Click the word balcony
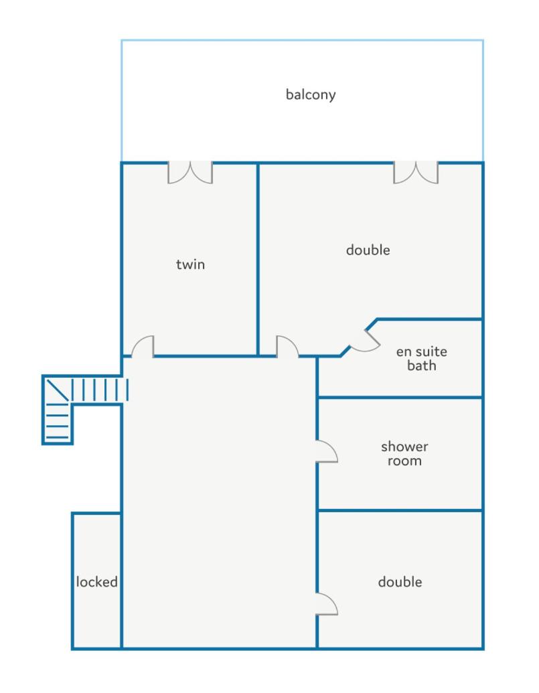pos(311,94)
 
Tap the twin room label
pos(190,264)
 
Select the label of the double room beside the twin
pos(368,250)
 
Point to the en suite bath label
pos(421,358)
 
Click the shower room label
pos(404,454)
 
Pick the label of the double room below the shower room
pos(400,582)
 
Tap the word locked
pos(97,582)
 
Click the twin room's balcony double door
pos(190,173)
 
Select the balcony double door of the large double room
pos(416,173)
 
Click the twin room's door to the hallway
pos(143,347)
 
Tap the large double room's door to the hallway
pos(288,347)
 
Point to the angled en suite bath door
pos(365,341)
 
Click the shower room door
pos(327,451)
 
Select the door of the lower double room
pos(327,604)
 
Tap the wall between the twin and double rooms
pos(258,259)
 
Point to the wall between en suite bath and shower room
pos(400,397)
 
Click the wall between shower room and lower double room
pos(400,510)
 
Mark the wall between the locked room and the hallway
pos(121,581)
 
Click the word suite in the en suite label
pos(431,352)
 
